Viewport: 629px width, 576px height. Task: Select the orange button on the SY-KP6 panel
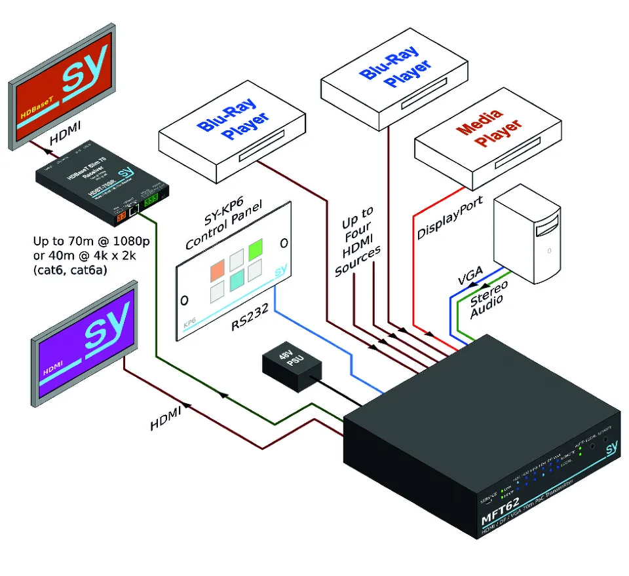point(217,269)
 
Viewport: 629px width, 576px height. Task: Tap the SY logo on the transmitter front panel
point(611,448)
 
